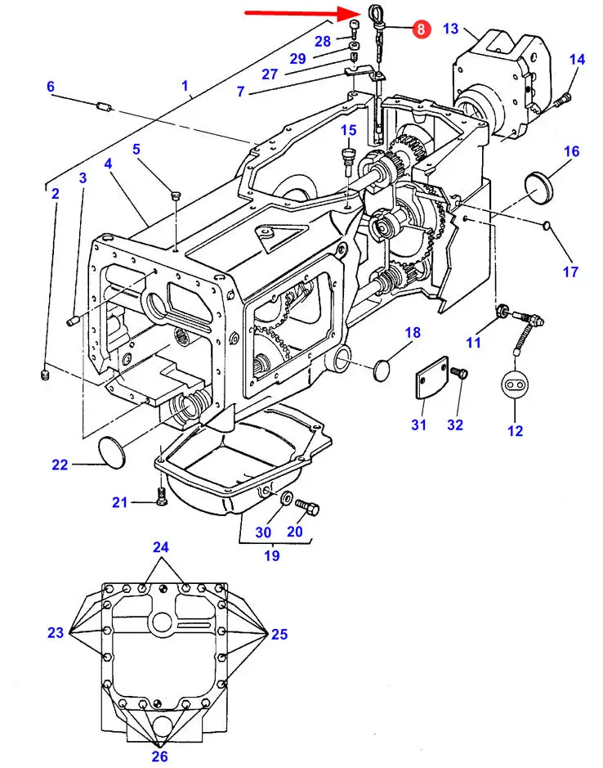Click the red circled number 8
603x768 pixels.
(x=421, y=29)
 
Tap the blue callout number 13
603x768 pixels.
(x=451, y=29)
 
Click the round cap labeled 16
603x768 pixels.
(x=538, y=185)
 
